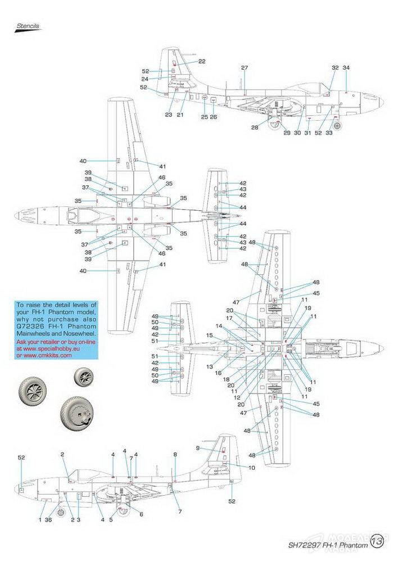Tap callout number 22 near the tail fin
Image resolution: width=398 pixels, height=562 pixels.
tap(202, 61)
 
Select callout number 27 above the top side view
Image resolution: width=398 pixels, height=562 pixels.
tap(245, 68)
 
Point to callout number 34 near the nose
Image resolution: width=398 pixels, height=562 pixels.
tap(346, 68)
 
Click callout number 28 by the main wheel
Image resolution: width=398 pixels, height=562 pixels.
tap(255, 128)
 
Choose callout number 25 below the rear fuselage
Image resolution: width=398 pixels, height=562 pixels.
tap(205, 116)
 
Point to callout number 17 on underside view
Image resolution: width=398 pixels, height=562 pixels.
tap(229, 318)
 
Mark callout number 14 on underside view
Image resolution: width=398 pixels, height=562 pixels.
tap(219, 326)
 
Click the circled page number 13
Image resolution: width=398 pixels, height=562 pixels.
tap(377, 542)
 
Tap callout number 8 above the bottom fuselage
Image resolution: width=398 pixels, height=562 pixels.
tap(175, 454)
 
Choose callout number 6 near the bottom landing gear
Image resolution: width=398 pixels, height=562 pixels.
tap(141, 514)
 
